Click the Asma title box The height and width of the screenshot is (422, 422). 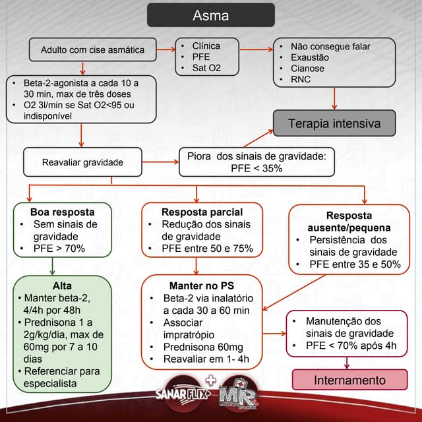pyautogui.click(x=210, y=15)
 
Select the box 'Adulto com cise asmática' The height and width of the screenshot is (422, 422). pyautogui.click(x=92, y=49)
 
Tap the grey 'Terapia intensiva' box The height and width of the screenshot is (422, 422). pyautogui.click(x=335, y=123)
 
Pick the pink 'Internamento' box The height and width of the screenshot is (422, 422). pyautogui.click(x=349, y=380)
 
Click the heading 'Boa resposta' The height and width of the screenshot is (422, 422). pyautogui.click(x=62, y=212)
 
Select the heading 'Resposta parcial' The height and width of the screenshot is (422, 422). pyautogui.click(x=202, y=212)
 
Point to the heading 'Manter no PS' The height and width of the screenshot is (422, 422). pyautogui.click(x=200, y=286)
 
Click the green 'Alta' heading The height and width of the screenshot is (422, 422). pyautogui.click(x=63, y=286)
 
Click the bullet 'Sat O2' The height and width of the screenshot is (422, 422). pyautogui.click(x=207, y=68)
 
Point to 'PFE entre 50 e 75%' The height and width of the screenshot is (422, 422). pyautogui.click(x=208, y=249)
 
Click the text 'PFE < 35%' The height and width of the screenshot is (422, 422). pyautogui.click(x=256, y=168)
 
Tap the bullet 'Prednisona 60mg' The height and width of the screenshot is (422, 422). pyautogui.click(x=203, y=347)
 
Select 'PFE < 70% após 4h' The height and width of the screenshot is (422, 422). pyautogui.click(x=351, y=345)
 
